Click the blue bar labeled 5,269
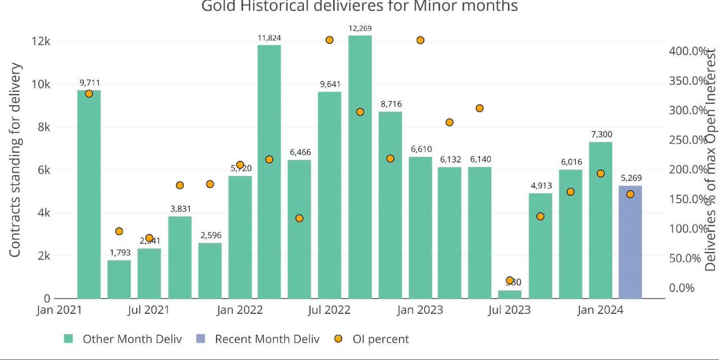click(x=630, y=242)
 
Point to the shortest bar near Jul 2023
click(x=509, y=294)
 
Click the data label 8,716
click(x=390, y=104)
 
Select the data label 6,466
click(x=300, y=152)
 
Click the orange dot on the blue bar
click(x=630, y=194)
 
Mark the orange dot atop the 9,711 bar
click(x=89, y=94)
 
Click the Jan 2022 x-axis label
click(x=239, y=310)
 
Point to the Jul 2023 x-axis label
click(x=509, y=310)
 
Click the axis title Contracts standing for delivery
click(x=15, y=160)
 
